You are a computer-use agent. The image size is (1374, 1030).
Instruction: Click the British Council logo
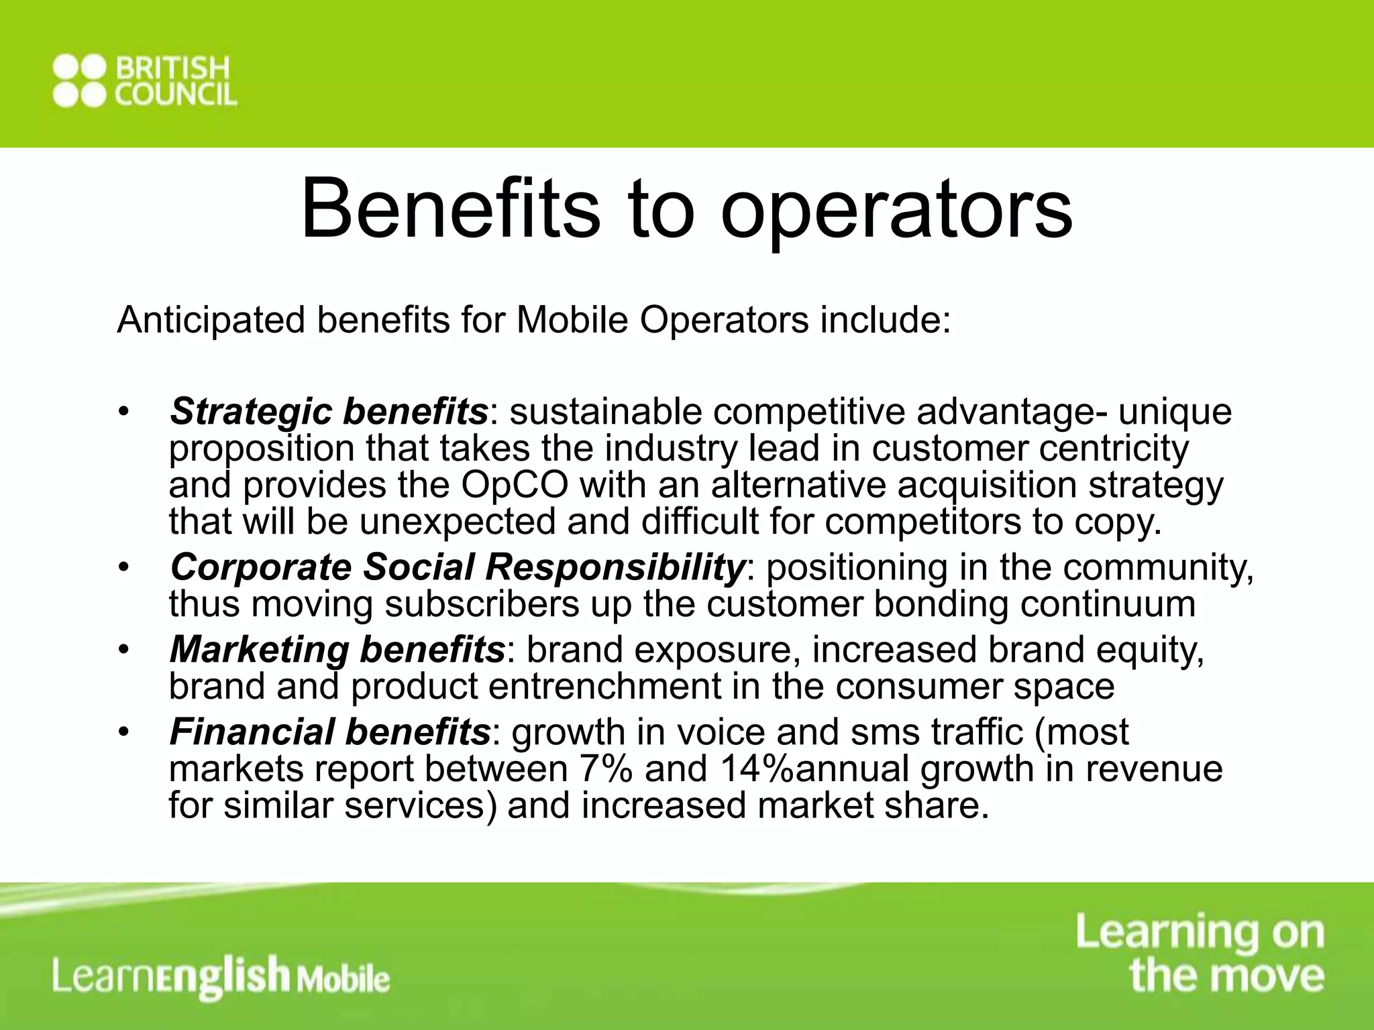coord(144,82)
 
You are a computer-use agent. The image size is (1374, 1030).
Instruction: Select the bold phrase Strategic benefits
coord(329,411)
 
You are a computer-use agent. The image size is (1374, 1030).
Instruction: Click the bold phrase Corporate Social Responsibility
coord(457,567)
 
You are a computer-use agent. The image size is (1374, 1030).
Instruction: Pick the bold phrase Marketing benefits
coord(337,650)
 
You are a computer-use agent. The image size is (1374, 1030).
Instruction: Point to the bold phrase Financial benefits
coord(330,732)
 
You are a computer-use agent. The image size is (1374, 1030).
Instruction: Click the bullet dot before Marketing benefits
coord(123,650)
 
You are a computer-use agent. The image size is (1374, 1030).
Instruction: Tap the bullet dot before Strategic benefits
coord(123,411)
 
